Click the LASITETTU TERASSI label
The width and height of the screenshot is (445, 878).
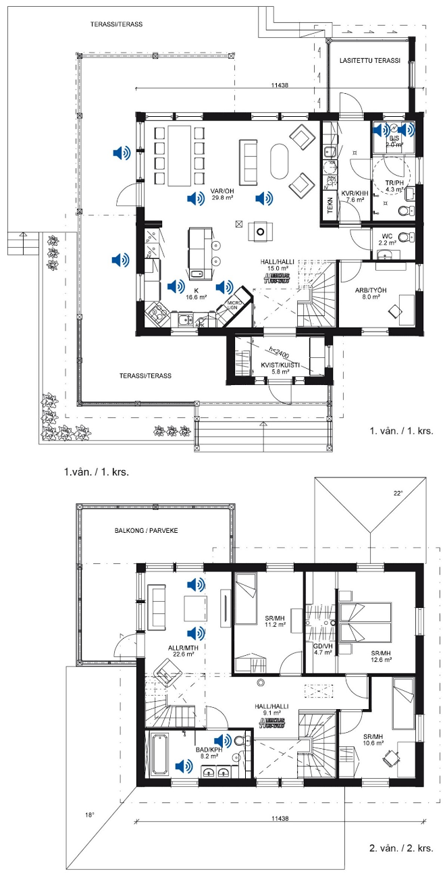369,61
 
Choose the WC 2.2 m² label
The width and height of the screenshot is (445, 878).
386,239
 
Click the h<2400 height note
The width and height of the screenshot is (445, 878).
278,351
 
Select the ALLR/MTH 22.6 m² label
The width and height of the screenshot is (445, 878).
181,650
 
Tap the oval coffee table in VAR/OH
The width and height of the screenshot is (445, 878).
278,160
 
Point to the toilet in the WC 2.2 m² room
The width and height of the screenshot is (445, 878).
404,238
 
